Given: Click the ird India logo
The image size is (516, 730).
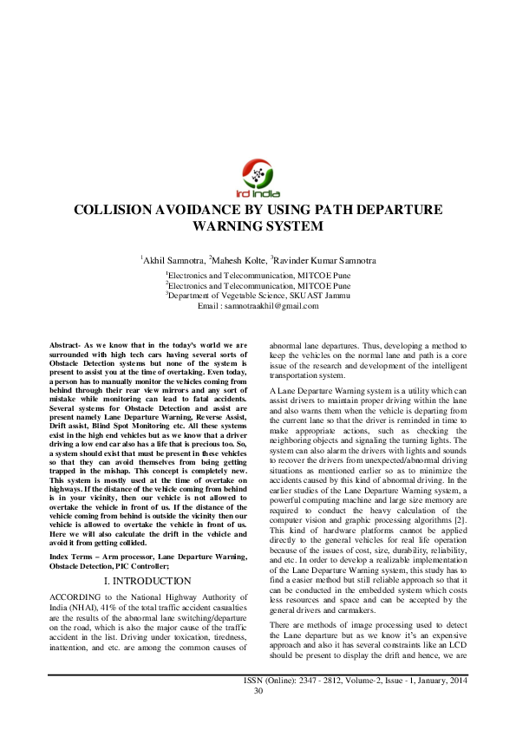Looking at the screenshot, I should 258,178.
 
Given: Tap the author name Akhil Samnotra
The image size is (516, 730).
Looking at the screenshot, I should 173,259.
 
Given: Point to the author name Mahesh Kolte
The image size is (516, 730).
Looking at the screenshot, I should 239,259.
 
